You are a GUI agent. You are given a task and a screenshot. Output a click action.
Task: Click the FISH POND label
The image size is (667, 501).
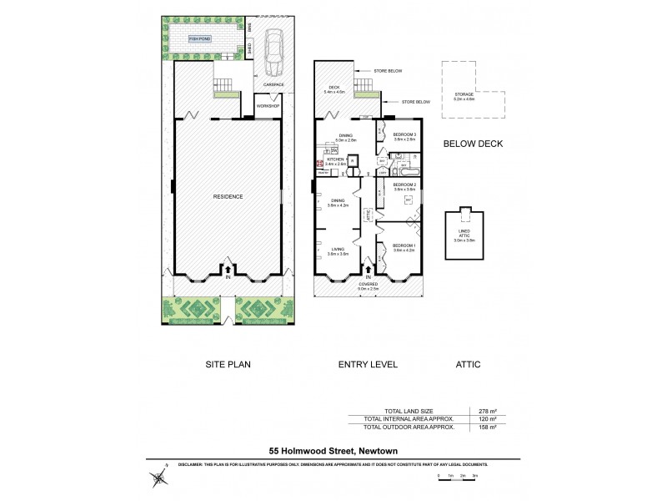point(199,39)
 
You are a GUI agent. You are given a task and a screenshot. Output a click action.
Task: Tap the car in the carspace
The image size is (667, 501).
point(273,57)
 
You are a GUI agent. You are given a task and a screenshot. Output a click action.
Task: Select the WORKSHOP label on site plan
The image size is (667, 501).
point(268,107)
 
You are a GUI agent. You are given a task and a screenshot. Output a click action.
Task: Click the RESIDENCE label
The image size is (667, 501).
point(227,196)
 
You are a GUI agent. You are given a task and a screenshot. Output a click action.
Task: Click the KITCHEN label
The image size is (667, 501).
point(335,159)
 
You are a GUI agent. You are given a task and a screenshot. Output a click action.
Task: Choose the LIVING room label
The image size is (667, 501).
point(337,249)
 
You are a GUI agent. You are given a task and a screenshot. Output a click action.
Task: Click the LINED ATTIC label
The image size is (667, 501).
point(464,233)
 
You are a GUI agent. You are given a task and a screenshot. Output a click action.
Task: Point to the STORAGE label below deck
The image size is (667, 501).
point(464,95)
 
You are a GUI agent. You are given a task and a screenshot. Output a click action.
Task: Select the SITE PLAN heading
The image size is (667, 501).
point(228,364)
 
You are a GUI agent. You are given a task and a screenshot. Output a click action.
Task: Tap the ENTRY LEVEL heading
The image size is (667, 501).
point(367,364)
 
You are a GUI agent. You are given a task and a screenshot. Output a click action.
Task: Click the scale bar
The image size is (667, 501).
point(457,475)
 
